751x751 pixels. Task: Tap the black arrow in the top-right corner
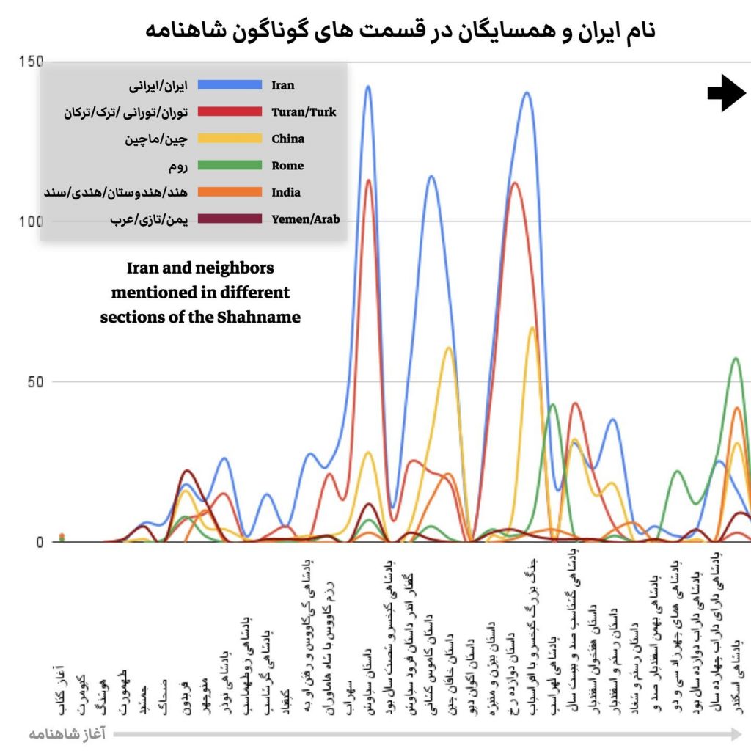pyautogui.click(x=726, y=92)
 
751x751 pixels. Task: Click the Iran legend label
pyautogui.click(x=282, y=85)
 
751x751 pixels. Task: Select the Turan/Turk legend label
pyautogui.click(x=303, y=112)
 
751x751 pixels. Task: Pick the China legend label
pyautogui.click(x=287, y=139)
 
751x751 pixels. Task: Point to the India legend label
pyautogui.click(x=285, y=192)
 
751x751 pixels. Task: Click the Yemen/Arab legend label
pyautogui.click(x=305, y=219)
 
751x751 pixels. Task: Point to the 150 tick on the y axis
pyautogui.click(x=32, y=62)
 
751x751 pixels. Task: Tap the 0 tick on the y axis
pyautogui.click(x=38, y=542)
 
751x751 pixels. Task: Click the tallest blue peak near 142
pyautogui.click(x=367, y=87)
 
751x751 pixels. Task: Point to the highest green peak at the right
pyautogui.click(x=736, y=359)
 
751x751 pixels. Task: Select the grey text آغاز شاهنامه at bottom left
pyautogui.click(x=67, y=733)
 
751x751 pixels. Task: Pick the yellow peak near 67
pyautogui.click(x=532, y=328)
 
